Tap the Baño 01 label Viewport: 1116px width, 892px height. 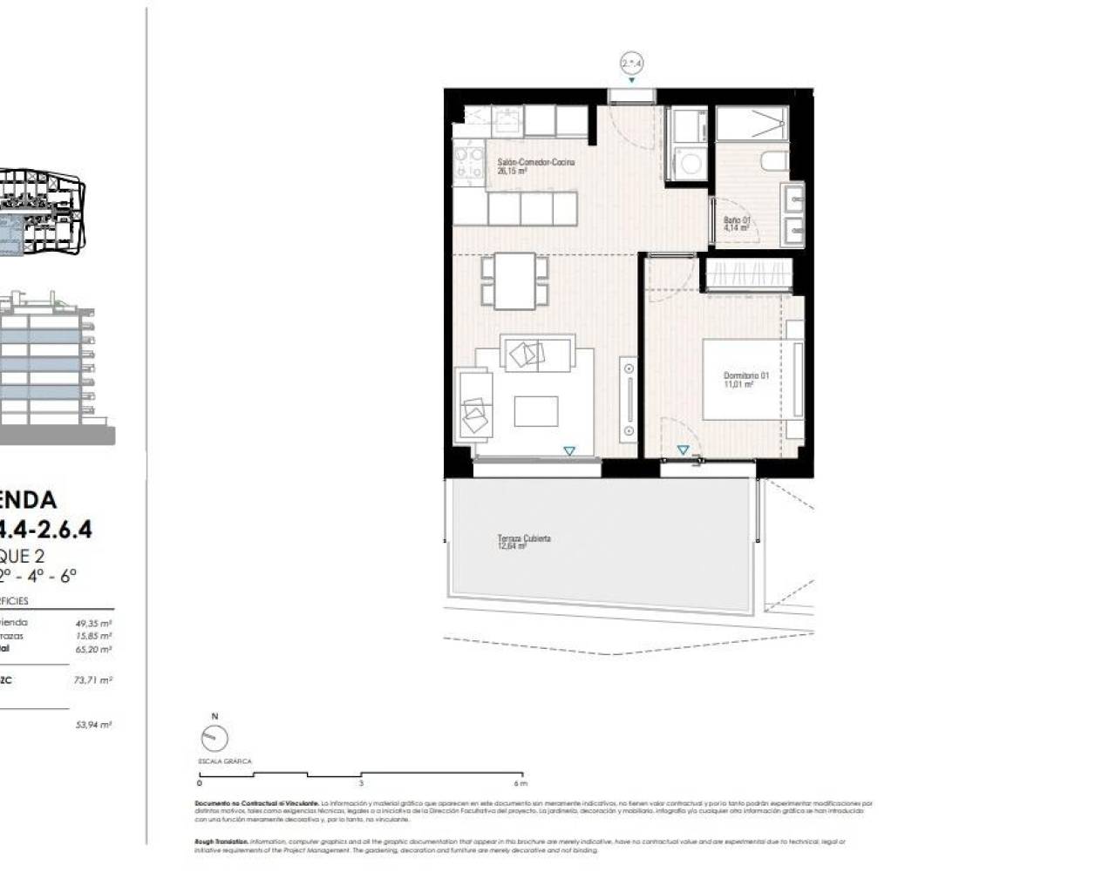(x=737, y=224)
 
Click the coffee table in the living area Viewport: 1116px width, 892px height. (x=535, y=411)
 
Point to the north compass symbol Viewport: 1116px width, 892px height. (x=214, y=738)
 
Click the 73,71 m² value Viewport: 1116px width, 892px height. (x=94, y=680)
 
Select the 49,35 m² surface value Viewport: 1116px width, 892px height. (x=94, y=623)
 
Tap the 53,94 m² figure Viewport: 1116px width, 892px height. (x=94, y=724)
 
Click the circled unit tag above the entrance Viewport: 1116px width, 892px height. (x=631, y=63)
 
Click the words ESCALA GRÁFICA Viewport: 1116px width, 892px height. (x=225, y=761)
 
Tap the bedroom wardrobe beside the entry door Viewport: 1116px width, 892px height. (x=747, y=274)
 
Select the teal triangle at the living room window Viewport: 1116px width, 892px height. (x=568, y=450)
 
